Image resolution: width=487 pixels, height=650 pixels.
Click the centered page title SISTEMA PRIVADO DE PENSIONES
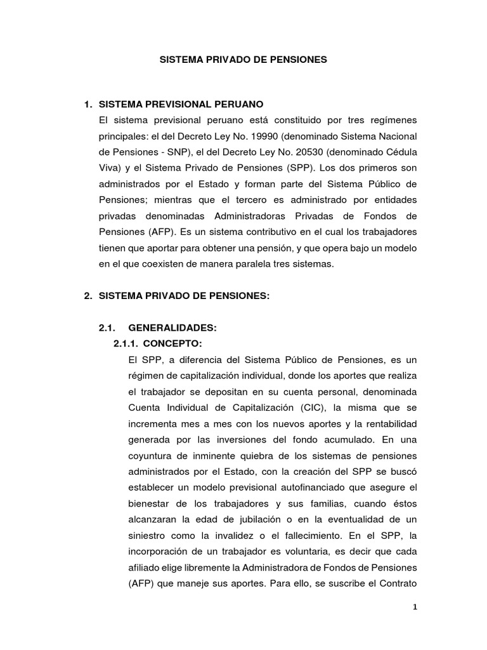243,60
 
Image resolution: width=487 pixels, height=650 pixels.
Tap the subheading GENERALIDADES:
172,328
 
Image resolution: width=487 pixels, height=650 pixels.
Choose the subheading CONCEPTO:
172,343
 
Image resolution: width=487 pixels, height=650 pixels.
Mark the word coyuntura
152,456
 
